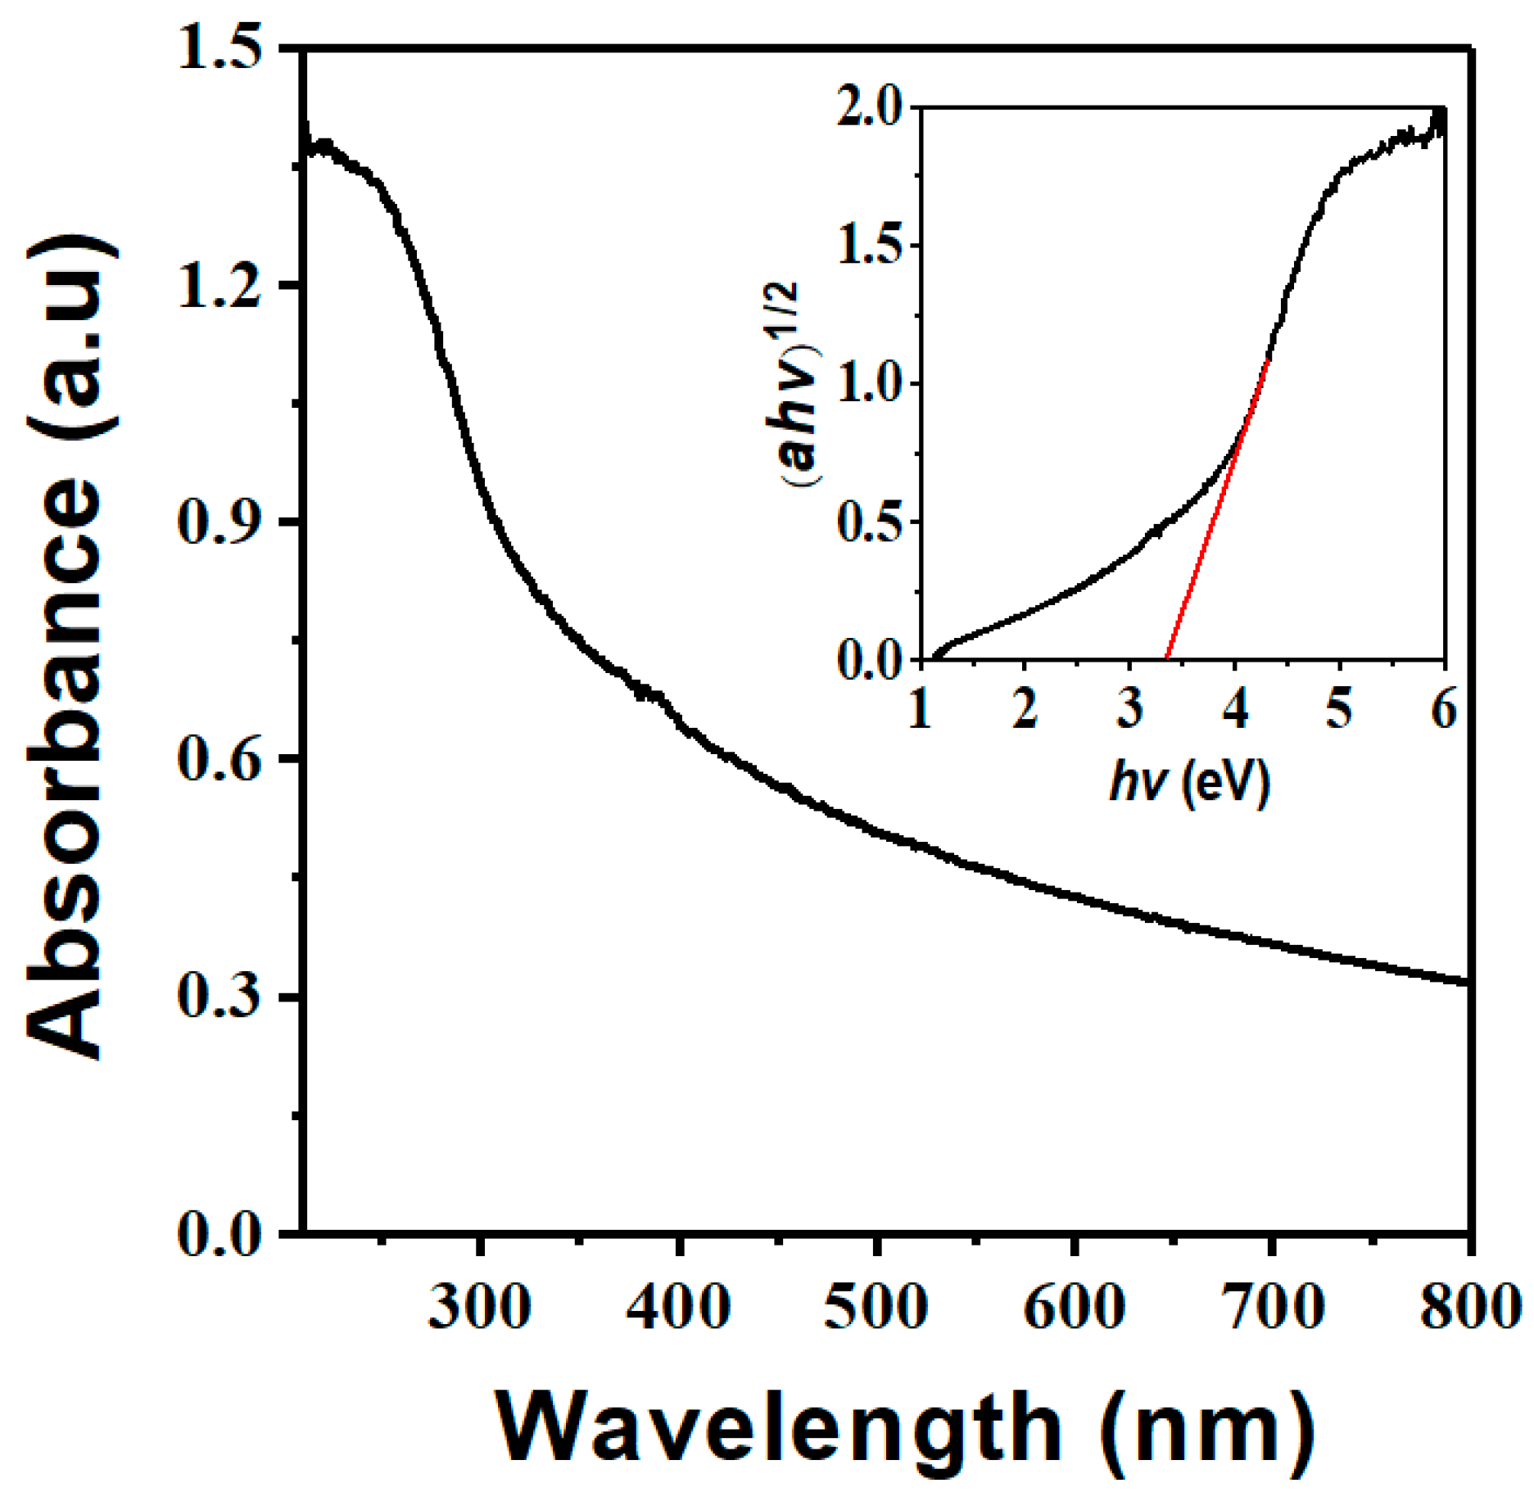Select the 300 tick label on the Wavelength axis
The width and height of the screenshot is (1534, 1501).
click(x=480, y=1308)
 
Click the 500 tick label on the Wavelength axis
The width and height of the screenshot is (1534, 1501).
click(x=876, y=1308)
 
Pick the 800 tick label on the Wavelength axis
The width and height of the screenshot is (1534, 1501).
click(x=1469, y=1308)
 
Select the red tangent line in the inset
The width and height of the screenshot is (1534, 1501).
click(x=1216, y=512)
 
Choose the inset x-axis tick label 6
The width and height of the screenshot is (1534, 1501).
click(x=1444, y=710)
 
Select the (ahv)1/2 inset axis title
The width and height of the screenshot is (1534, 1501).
click(x=803, y=385)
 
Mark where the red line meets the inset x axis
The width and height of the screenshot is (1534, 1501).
click(x=1166, y=658)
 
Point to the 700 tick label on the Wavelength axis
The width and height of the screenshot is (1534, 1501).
click(x=1272, y=1308)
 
